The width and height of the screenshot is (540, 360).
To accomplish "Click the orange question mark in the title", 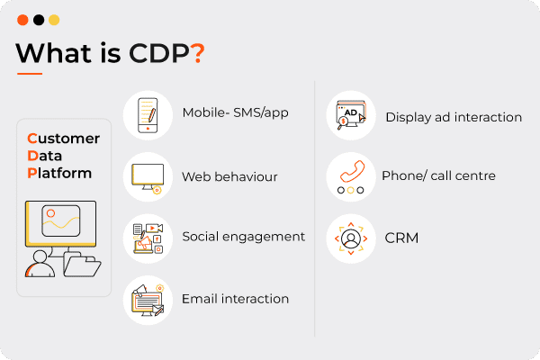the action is (x=199, y=53).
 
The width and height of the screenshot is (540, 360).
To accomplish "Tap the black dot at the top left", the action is (x=39, y=20).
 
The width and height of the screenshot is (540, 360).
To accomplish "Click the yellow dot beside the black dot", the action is (x=54, y=20).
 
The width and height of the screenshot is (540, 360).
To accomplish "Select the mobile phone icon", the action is (x=148, y=115).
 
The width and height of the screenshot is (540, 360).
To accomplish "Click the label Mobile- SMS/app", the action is (x=235, y=112).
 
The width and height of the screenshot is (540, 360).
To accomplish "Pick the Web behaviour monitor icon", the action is (x=148, y=178).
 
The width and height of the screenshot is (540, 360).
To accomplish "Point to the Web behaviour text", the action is (x=229, y=176).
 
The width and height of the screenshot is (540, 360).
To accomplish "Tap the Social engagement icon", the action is (x=148, y=238).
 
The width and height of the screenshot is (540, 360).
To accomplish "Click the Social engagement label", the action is (x=244, y=237).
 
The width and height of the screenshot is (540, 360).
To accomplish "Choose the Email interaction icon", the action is (x=148, y=300).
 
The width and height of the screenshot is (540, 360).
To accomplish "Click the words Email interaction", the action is (x=235, y=299).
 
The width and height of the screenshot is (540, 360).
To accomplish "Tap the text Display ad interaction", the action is (x=454, y=118).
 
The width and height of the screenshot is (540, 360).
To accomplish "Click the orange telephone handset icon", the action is (x=352, y=171).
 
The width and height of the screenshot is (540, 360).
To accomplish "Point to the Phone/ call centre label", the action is (x=438, y=175).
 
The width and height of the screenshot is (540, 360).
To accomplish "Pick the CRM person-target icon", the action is (x=351, y=238).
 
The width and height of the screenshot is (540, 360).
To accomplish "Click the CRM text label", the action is (x=401, y=238).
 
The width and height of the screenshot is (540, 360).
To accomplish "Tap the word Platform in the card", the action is (x=59, y=174).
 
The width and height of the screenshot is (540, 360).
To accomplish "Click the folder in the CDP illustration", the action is (x=82, y=265).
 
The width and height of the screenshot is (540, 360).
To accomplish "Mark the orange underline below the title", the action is (x=30, y=74).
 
